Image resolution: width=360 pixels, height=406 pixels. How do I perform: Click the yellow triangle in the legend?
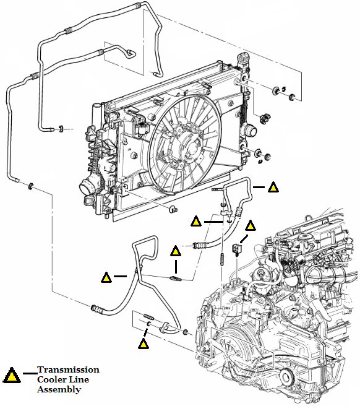point(11,375)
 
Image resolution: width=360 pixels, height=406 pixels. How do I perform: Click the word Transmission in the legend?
point(68,369)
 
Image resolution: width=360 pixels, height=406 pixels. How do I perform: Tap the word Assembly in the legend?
point(59,390)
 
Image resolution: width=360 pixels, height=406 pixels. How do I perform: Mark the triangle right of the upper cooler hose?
point(273,186)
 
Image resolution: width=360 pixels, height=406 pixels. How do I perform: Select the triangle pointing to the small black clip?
point(251,226)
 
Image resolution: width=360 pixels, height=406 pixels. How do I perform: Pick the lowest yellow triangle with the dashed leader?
point(144,342)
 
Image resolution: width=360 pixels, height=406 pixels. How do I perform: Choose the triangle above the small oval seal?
point(176,251)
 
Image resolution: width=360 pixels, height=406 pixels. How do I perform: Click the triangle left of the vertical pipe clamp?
point(195,220)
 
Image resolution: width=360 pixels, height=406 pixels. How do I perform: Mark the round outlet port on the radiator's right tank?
point(252,131)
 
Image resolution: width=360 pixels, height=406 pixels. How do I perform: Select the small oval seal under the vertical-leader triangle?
point(174,279)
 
